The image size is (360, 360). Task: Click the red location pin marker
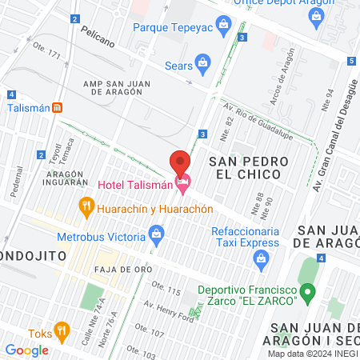pos(180,161)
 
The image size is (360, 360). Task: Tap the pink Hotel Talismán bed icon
pos(183,185)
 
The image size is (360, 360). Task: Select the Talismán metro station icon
pos(57,109)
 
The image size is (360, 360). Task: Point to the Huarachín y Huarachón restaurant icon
pos(86,208)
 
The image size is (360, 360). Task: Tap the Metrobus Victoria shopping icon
pos(157,235)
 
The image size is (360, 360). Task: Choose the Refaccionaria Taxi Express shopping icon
pos(260,258)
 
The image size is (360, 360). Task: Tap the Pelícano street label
pos(98,33)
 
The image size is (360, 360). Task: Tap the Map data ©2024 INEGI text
pos(311,354)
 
